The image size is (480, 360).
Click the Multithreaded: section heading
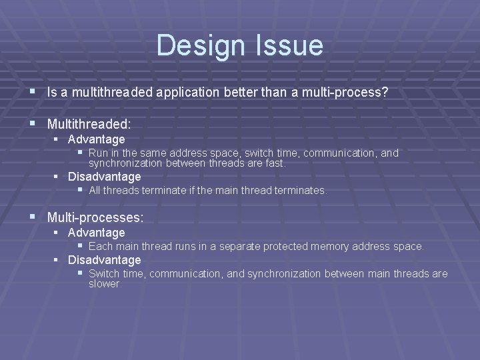89,124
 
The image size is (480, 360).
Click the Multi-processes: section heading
95,217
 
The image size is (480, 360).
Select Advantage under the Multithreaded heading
97,139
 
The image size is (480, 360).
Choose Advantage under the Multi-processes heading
97,233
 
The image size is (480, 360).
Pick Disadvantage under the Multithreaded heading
105,177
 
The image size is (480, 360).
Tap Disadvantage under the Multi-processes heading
105,260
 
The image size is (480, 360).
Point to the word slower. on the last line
105,284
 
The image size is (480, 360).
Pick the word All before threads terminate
95,191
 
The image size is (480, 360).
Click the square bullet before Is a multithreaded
33,92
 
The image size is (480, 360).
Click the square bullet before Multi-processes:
33,217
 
